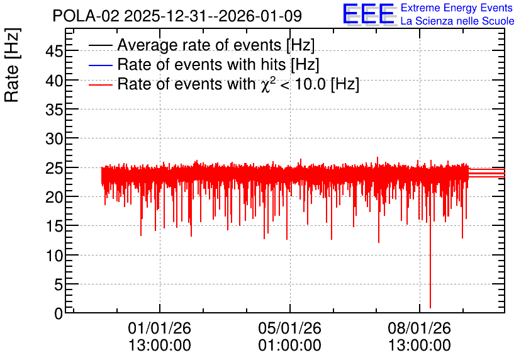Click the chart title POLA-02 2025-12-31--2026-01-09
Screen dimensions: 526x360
tap(177, 16)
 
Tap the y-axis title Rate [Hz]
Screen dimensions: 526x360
tap(12, 65)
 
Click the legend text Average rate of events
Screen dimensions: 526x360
tap(199, 45)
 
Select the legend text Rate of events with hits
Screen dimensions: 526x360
tap(201, 64)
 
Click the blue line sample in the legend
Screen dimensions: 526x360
tap(100, 65)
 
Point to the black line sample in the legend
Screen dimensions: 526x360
tap(100, 45)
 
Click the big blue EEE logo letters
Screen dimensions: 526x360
tap(368, 14)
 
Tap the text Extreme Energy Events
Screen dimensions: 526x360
tap(457, 8)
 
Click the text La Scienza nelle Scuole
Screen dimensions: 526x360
tap(457, 21)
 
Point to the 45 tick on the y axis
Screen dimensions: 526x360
tap(54, 52)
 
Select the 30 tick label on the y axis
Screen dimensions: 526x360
tap(54, 138)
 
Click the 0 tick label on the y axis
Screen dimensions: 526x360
tap(59, 313)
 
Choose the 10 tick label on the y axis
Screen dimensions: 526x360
tap(54, 256)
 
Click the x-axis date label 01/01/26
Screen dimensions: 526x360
tap(159, 328)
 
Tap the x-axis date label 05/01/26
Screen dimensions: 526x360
tap(289, 328)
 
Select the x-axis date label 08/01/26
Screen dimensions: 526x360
tap(419, 328)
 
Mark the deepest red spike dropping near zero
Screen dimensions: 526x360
tap(430, 262)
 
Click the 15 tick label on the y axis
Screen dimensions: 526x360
tap(54, 227)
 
